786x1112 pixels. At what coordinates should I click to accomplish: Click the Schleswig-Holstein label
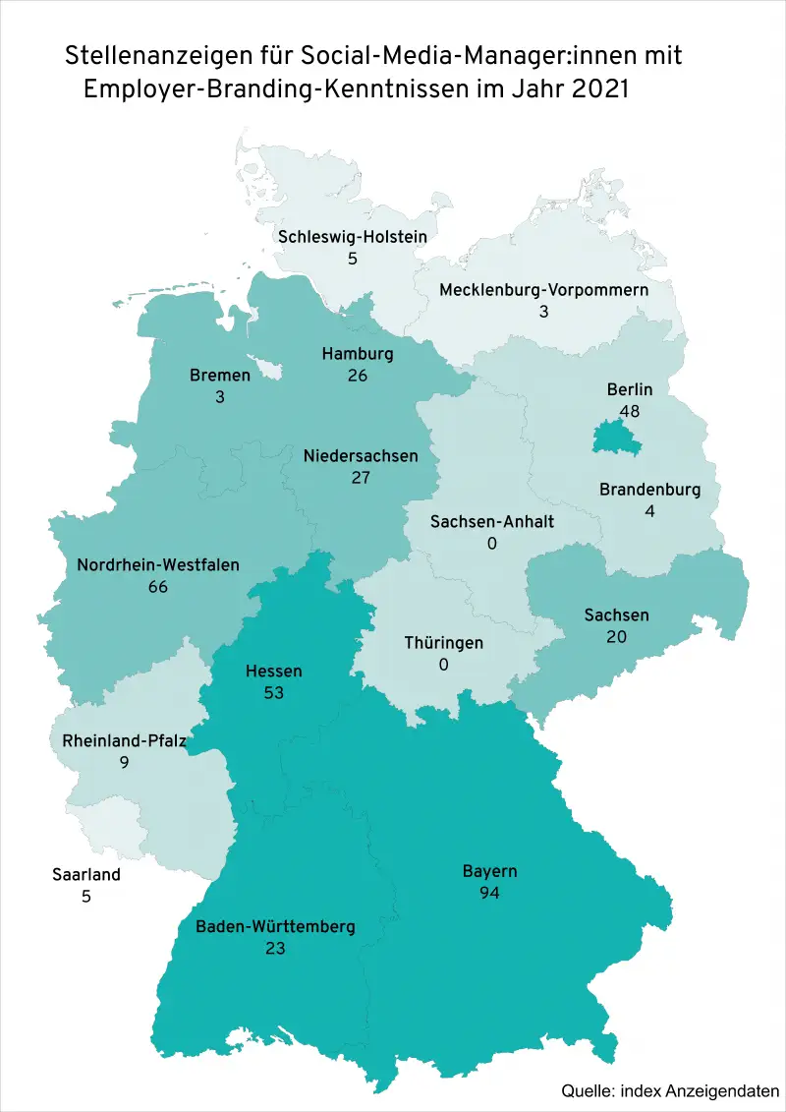(352, 237)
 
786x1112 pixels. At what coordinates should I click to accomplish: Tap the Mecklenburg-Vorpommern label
(543, 290)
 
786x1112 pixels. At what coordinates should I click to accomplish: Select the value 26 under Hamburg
(358, 376)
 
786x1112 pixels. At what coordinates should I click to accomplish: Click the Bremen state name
(220, 375)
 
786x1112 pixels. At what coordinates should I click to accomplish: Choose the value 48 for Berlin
(630, 411)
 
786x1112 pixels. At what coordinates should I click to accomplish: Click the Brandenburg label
(649, 490)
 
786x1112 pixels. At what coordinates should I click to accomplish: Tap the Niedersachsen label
(360, 456)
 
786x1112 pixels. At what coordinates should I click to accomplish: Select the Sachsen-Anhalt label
(492, 521)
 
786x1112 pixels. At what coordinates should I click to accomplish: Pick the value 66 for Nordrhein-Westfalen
(158, 587)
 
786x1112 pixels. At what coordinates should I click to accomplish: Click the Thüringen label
(444, 643)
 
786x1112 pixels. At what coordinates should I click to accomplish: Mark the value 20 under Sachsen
(616, 637)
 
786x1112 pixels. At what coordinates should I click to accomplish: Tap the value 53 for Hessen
(273, 693)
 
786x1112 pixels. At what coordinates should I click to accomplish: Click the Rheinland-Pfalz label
(124, 739)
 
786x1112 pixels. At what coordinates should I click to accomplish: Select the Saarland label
(86, 874)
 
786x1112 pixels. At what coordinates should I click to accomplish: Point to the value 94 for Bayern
(489, 893)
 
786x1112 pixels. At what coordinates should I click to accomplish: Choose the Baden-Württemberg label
(275, 927)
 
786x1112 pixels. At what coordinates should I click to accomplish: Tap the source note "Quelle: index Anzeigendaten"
(670, 1090)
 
